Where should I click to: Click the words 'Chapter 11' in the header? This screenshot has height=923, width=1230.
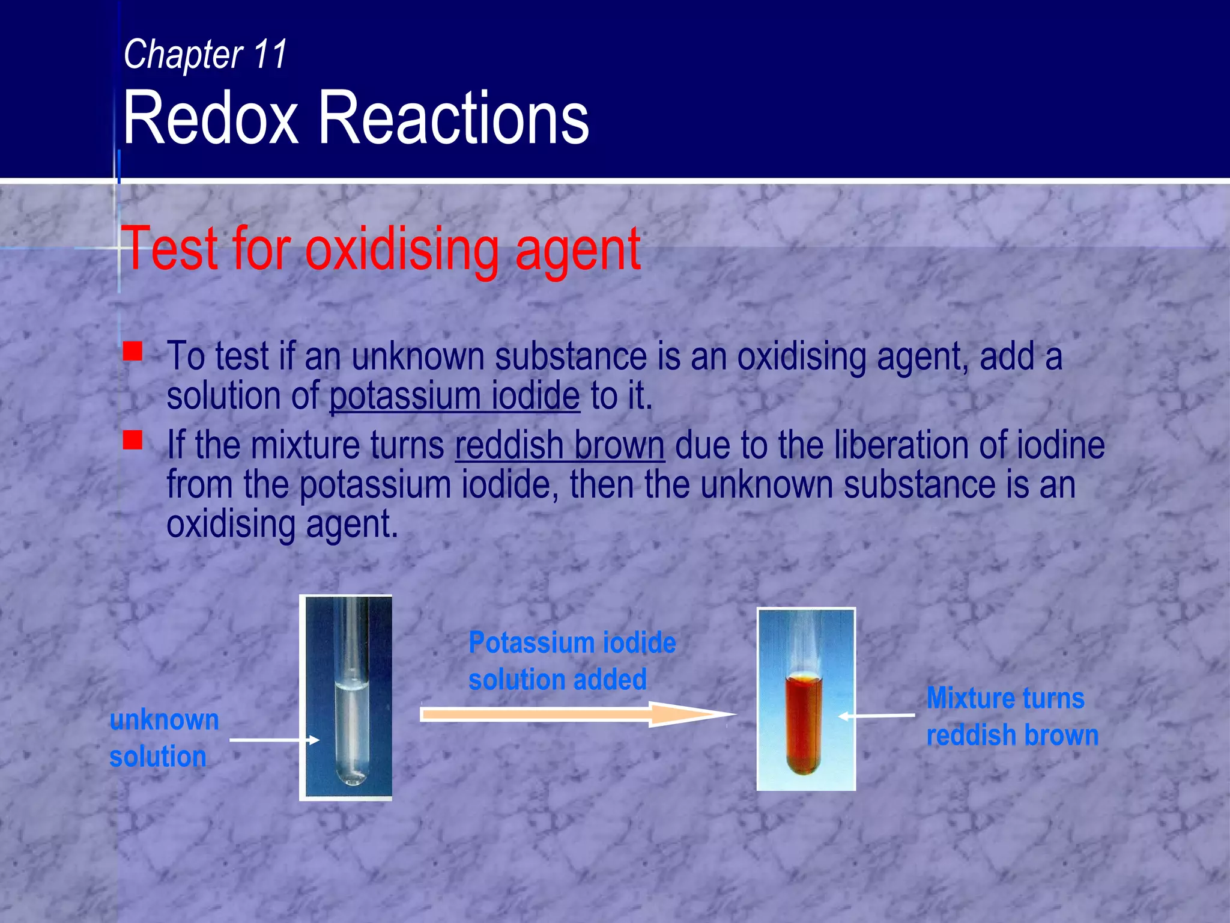[205, 55]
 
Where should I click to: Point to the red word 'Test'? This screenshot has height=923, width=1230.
[169, 248]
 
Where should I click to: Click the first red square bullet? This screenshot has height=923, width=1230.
[133, 351]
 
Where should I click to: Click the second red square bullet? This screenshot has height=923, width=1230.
[133, 440]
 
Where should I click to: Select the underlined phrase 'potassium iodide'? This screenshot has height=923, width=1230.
[455, 396]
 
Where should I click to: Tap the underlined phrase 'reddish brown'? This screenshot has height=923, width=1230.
[560, 445]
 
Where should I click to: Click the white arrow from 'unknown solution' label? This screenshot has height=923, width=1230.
[273, 740]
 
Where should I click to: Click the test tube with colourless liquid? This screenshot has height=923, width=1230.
[351, 721]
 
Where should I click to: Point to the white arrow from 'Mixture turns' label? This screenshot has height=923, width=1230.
[877, 716]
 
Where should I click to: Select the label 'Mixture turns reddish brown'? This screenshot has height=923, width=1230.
[1011, 716]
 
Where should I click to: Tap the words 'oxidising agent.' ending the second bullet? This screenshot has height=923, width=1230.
[282, 524]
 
